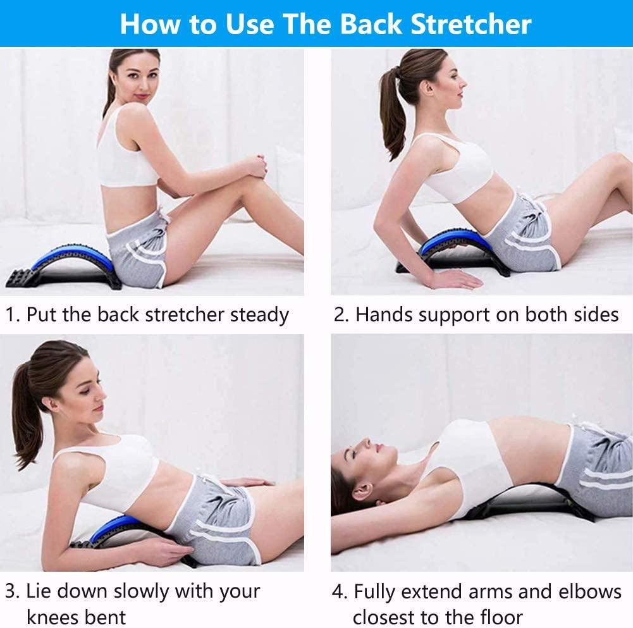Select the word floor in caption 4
click(x=500, y=616)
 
